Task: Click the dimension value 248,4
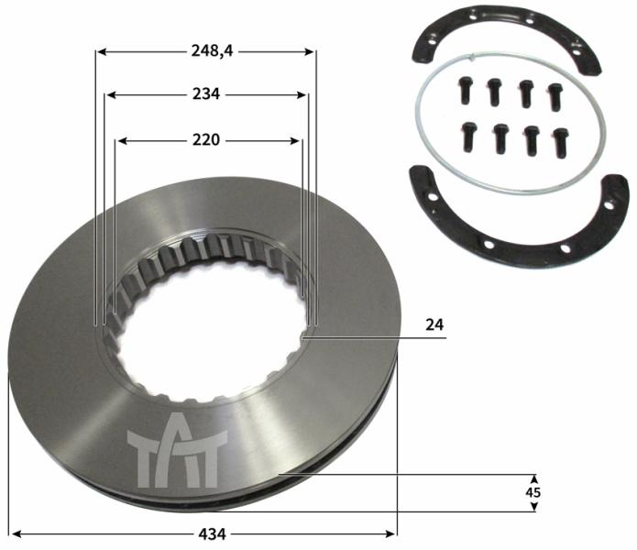tap(212, 51)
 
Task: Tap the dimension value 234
tap(206, 94)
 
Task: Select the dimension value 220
tap(206, 140)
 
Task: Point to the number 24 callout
tap(434, 324)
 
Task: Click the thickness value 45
tap(533, 492)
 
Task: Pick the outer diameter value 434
tap(212, 533)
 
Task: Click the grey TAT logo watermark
tap(177, 450)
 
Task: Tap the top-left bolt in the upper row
tap(466, 90)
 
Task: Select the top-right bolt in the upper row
tap(555, 96)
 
